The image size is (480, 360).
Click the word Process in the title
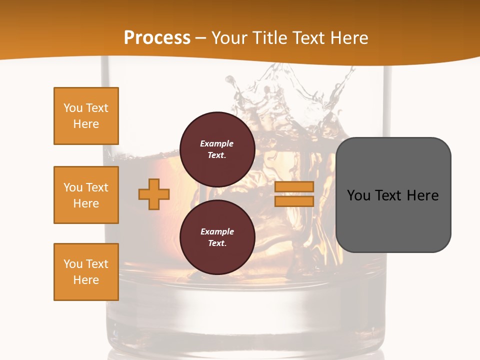coord(157,38)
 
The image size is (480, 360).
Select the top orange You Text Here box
coord(86,116)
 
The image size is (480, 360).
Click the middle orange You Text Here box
coord(86,195)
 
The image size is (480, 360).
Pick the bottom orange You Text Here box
coord(86,272)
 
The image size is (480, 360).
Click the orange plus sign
coord(154,194)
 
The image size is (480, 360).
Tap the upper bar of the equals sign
coord(294,186)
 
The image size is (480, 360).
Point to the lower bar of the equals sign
coord(294,201)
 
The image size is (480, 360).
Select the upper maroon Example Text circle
coord(217,149)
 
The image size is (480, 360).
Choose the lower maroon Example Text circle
coord(217,237)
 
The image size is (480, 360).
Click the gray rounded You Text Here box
coord(393,194)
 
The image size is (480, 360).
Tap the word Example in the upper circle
coord(217,143)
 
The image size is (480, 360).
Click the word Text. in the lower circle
coord(217,243)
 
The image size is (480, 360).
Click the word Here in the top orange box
coord(86,124)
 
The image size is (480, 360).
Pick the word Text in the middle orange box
coord(97,187)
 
